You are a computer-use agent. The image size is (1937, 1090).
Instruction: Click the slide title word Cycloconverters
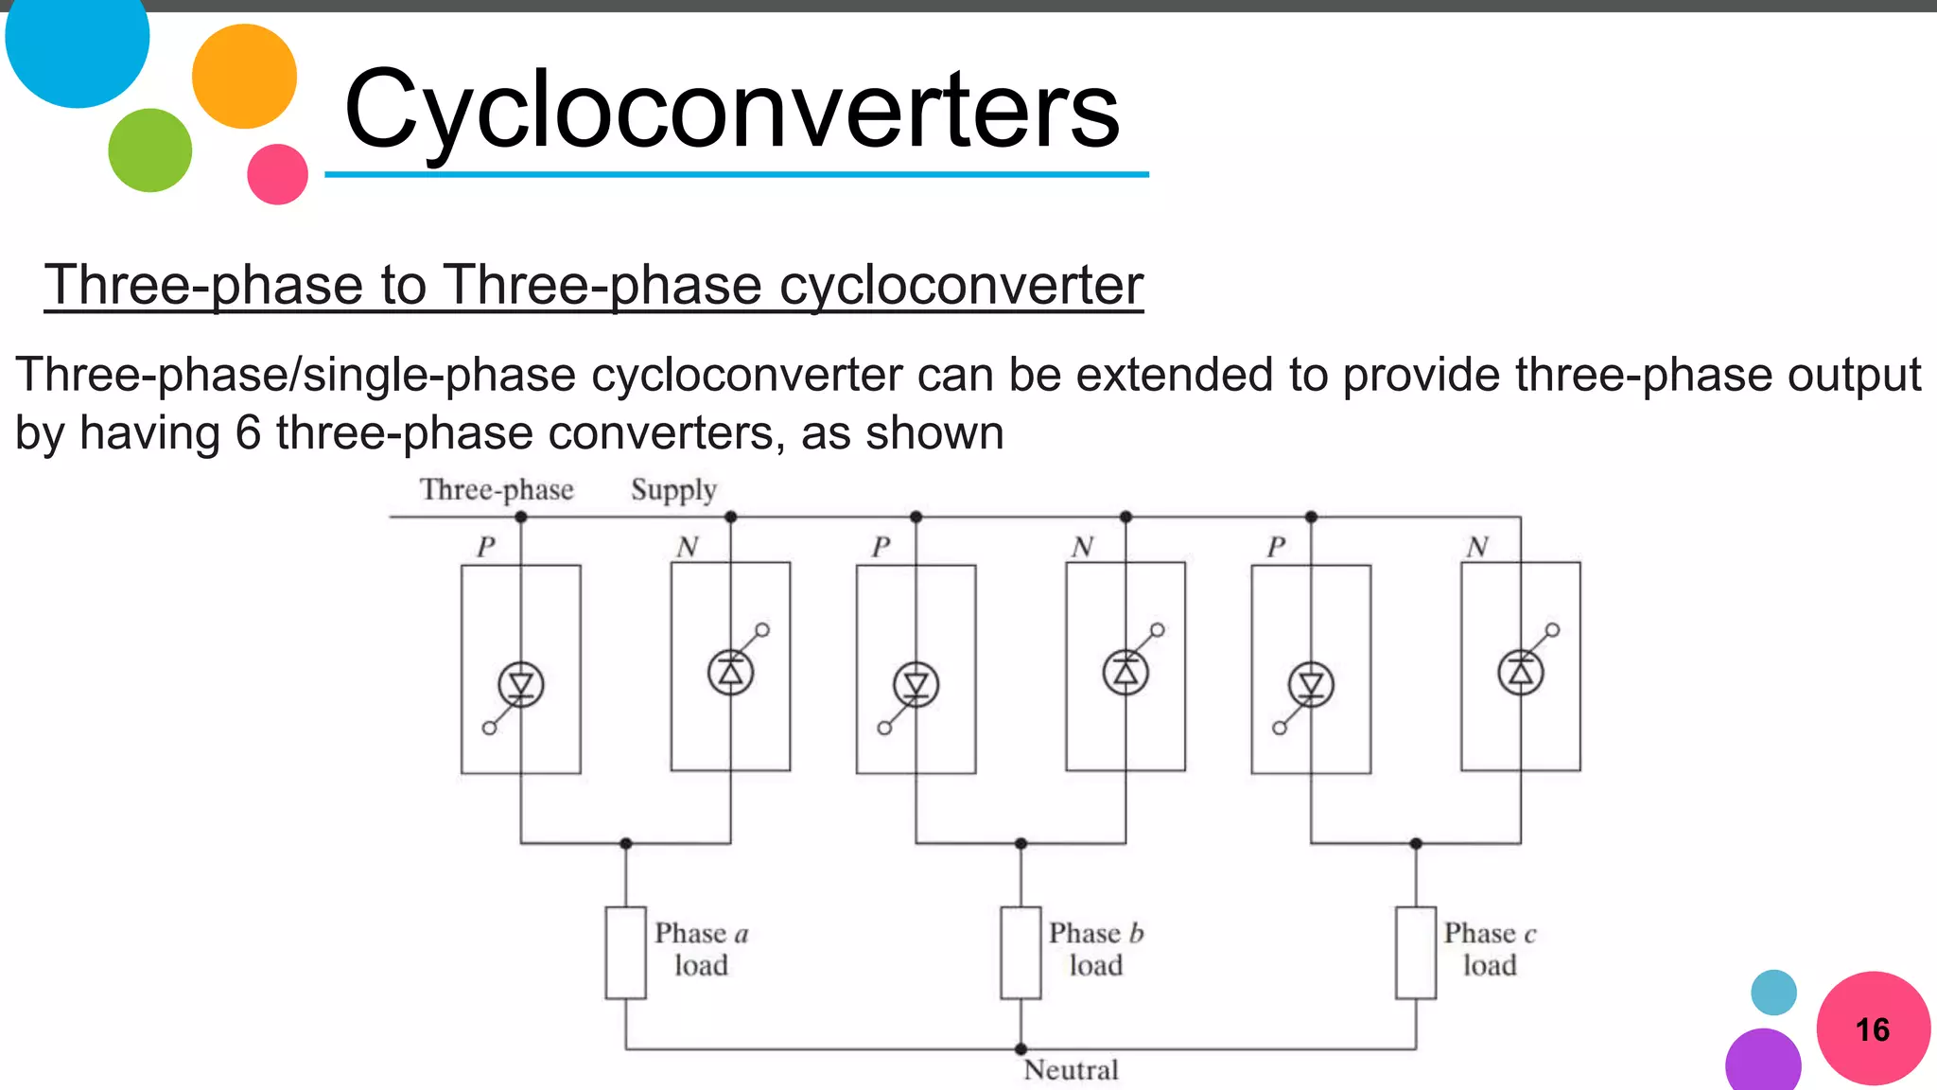click(731, 112)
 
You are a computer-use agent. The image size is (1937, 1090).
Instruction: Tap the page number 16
click(1872, 1029)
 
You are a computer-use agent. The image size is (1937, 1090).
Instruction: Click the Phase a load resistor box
click(625, 953)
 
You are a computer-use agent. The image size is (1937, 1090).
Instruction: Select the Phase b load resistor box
click(1021, 953)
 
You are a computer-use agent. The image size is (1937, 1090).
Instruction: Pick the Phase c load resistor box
click(1416, 953)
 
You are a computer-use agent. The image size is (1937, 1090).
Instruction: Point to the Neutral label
click(1071, 1070)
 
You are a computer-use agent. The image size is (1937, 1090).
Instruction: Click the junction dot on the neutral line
click(1021, 1049)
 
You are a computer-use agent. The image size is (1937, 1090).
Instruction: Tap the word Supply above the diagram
click(673, 490)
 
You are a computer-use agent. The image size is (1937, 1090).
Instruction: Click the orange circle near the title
click(244, 77)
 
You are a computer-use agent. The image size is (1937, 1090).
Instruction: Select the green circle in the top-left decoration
click(149, 150)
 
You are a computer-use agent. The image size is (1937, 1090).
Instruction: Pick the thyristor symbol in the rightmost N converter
click(1521, 673)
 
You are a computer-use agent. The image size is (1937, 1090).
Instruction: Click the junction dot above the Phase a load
click(625, 843)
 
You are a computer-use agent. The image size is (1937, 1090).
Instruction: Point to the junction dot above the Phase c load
click(1416, 843)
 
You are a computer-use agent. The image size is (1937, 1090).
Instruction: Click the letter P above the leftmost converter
click(486, 547)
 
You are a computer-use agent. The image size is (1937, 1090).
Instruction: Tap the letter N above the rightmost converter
click(1477, 547)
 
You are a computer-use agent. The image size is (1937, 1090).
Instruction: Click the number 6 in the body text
click(248, 433)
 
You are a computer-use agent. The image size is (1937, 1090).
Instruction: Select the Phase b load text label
click(1096, 949)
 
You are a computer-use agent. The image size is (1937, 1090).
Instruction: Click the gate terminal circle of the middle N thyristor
click(1158, 629)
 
